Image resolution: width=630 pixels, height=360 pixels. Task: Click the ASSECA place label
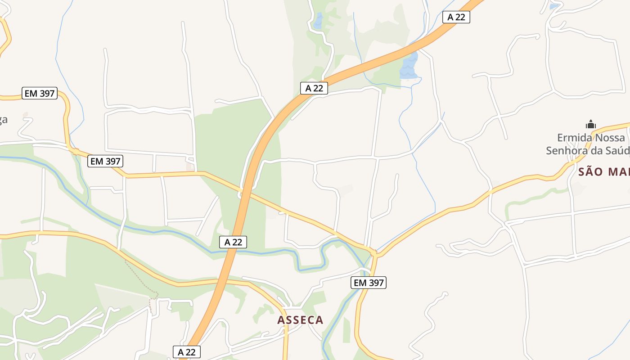click(x=300, y=320)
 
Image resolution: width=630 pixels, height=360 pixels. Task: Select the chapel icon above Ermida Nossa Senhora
click(x=590, y=124)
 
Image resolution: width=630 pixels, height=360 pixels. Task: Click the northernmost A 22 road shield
click(x=456, y=17)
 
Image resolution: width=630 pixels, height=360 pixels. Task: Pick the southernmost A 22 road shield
click(x=186, y=352)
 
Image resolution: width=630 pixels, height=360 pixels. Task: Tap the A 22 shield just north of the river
click(x=233, y=242)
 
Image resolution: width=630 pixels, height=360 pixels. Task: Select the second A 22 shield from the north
click(x=314, y=88)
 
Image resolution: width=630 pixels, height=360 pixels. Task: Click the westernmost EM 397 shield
click(x=40, y=94)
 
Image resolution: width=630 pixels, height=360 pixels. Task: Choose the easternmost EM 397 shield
click(x=369, y=283)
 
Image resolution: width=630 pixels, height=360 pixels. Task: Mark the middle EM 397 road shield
click(x=105, y=161)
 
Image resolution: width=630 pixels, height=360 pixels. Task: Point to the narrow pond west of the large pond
click(x=319, y=21)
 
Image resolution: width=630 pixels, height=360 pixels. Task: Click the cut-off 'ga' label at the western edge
click(x=4, y=120)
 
